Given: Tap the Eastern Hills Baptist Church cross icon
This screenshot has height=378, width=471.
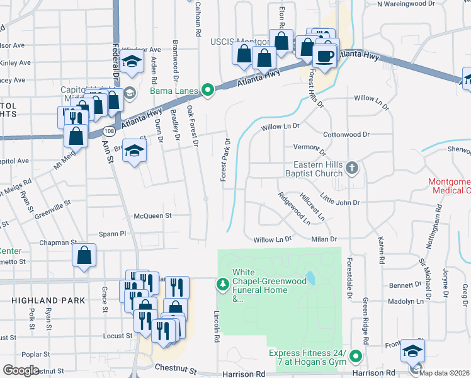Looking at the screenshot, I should [353, 168].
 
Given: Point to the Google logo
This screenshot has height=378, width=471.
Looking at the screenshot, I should [21, 370].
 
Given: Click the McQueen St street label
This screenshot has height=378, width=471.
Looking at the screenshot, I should [153, 215].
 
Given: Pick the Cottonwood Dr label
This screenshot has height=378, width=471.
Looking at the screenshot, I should [346, 135].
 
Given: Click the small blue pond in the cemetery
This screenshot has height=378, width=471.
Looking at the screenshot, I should [310, 278].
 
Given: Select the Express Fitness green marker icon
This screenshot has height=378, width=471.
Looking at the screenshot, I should [356, 357].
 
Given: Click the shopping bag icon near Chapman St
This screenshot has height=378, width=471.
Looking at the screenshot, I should [84, 256].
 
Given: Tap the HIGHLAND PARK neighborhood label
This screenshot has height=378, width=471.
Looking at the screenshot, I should [48, 301].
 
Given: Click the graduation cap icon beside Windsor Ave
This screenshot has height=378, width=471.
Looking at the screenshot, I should [133, 62].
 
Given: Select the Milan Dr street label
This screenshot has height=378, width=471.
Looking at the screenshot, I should [324, 239].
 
